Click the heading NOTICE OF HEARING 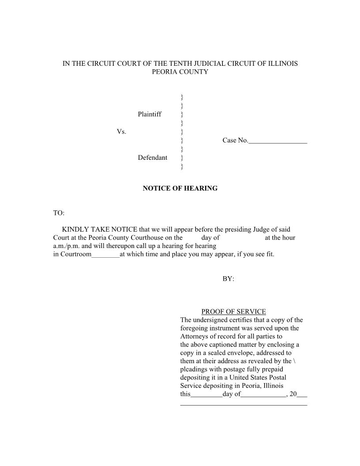pos(180,188)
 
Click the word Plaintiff pos(150,114)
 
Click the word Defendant pos(152,158)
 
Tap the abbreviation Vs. pos(121,132)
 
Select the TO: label pos(59,213)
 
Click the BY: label pos(228,279)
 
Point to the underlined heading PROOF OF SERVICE pos(233,312)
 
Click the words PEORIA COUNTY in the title pos(180,71)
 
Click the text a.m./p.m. pos(67,246)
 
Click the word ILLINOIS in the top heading pos(282,64)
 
